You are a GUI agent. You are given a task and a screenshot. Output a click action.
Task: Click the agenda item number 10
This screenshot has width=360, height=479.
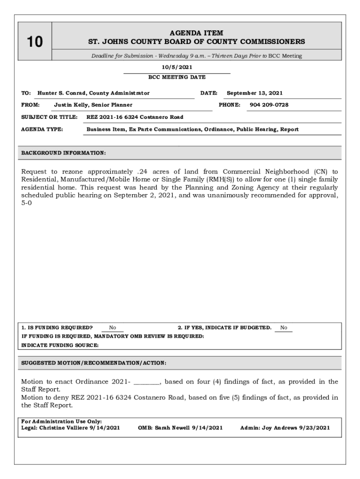tap(35, 42)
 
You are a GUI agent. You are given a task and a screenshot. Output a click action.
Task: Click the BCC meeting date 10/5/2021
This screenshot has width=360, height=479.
tap(176, 67)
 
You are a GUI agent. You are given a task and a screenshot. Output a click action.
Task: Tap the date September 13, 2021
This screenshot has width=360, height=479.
tap(254, 93)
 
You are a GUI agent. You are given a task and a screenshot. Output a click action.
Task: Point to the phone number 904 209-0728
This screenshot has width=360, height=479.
tap(269, 105)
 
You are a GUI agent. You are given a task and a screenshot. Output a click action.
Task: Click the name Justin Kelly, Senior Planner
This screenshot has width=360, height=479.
tap(93, 105)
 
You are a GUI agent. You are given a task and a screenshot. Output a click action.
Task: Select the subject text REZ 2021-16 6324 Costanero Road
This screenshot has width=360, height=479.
tap(135, 117)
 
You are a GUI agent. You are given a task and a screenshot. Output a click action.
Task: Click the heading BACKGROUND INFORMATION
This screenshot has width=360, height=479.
tap(64, 153)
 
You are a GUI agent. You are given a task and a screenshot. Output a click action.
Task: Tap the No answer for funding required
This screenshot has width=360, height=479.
tap(113, 328)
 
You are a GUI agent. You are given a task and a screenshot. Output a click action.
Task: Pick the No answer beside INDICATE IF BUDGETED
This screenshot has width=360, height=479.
tap(284, 328)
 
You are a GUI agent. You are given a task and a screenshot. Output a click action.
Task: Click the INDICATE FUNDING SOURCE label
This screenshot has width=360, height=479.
tap(60, 345)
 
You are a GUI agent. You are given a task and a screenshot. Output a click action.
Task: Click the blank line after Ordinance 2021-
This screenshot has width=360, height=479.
tap(147, 382)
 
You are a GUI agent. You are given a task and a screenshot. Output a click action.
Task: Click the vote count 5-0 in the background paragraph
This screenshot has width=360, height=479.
tap(27, 204)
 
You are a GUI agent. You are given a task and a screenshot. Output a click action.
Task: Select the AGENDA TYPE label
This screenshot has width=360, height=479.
tap(43, 129)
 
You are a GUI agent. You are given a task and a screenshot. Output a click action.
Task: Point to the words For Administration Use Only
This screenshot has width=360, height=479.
tap(62, 421)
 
